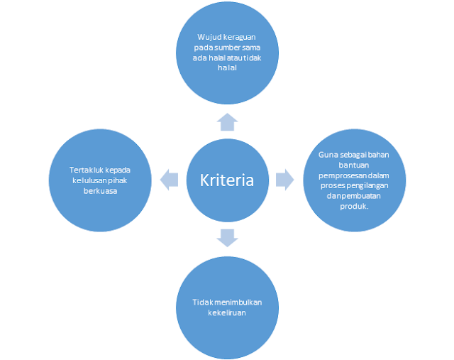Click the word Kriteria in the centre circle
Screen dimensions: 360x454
tap(226, 180)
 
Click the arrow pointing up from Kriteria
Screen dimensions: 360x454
tap(226, 122)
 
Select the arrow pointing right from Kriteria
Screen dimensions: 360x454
tap(284, 179)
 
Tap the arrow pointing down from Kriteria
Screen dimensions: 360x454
tap(226, 237)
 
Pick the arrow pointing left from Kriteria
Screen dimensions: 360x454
tap(169, 179)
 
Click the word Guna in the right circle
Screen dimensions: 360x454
tap(319, 155)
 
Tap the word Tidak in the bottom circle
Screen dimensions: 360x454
tap(201, 302)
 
